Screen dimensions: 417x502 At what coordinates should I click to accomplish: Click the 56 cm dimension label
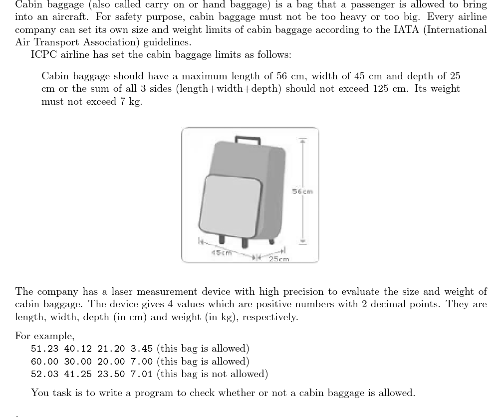302,192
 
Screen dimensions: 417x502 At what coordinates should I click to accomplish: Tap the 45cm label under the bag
222,252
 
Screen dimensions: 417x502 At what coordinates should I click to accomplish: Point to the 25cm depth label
279,259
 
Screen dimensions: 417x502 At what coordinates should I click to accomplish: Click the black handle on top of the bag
248,139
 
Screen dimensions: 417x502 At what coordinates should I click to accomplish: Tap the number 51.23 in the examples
44,349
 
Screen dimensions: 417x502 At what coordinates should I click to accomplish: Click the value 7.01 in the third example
142,374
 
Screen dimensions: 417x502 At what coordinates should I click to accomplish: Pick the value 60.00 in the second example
44,362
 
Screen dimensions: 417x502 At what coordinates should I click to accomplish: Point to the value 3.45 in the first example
142,349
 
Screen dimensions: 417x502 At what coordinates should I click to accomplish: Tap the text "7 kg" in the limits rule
131,102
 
